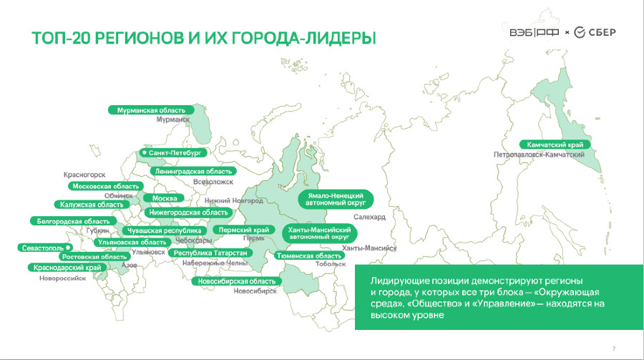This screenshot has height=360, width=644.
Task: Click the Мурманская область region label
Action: point(151,110)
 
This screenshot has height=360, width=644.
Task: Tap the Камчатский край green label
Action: point(555,145)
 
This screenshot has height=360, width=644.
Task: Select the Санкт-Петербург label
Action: point(172,153)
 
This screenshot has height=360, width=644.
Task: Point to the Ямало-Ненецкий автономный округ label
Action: point(336,199)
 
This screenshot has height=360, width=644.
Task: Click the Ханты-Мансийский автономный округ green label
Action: point(320,233)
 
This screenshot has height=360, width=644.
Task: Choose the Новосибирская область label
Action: point(237,281)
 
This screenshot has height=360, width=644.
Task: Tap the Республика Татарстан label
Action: point(210,253)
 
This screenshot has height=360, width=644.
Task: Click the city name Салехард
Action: point(370,217)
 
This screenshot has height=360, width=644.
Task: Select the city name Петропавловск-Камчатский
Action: point(539,155)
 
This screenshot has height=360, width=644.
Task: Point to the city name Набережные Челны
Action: point(215,263)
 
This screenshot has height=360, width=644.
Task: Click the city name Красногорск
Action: point(84,175)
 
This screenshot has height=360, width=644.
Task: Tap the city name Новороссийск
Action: point(63,278)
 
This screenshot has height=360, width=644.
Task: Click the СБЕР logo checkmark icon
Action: point(580,32)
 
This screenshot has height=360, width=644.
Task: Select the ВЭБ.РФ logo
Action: point(535,32)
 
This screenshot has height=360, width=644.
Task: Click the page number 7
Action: point(614,349)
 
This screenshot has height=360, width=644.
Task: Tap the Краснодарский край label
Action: point(67,268)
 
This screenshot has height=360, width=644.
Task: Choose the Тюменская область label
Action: point(309,256)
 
